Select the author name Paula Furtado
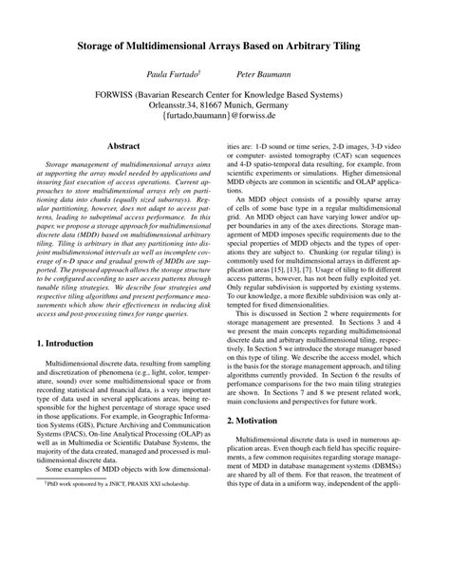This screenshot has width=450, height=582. click(168, 72)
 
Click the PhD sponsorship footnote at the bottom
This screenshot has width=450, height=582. click(110, 536)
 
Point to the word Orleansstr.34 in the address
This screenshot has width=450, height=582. click(178, 108)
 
